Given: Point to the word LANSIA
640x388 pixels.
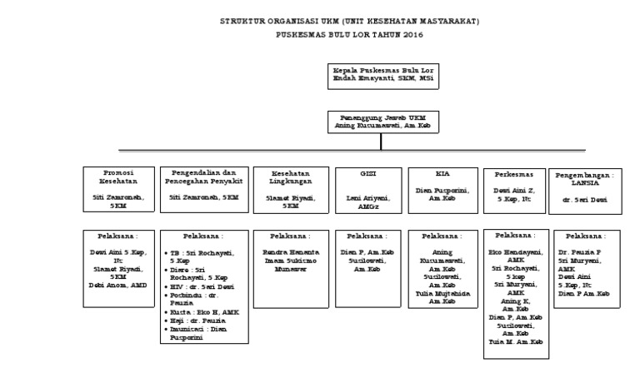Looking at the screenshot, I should tap(586, 183).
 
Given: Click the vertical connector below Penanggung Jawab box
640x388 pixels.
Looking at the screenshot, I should tap(381, 141).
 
